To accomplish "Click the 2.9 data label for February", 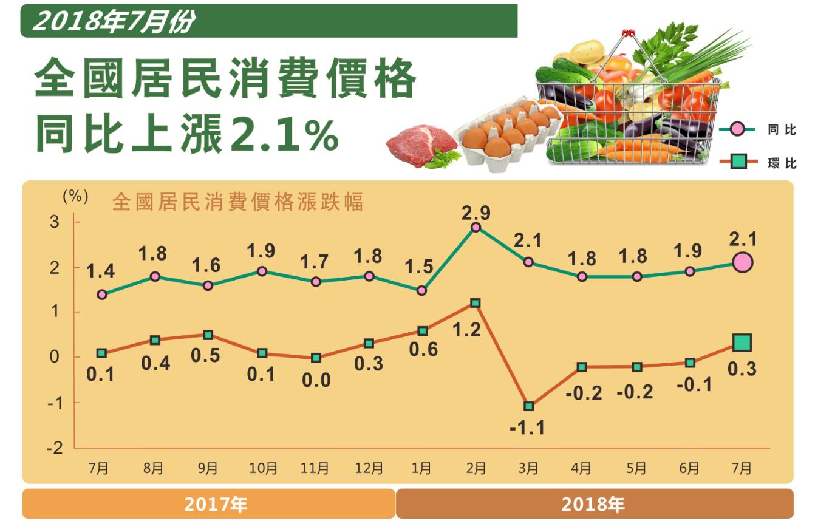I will pos(476,213).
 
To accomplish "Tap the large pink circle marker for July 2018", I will pos(742,262).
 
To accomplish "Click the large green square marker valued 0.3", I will pos(742,343).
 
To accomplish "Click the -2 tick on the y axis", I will pos(55,448).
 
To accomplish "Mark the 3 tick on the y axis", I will pos(55,222).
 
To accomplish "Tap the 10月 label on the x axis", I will pos(263,468).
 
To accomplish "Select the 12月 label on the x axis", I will pos(369,468).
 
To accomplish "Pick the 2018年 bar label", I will pos(593,504).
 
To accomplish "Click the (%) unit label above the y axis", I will pos(75,197).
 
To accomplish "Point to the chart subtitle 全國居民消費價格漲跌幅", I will pos(237,202).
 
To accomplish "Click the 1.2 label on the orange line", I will pos(467,330).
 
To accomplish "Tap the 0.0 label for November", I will pos(316,380).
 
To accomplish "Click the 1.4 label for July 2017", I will pos(101,271).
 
